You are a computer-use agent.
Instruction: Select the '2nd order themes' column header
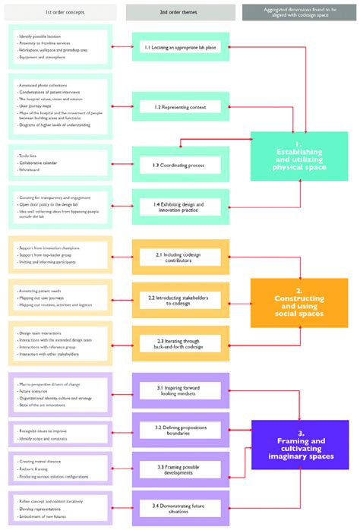click(x=180, y=11)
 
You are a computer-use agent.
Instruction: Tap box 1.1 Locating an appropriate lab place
click(x=180, y=46)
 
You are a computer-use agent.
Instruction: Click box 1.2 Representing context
click(x=180, y=107)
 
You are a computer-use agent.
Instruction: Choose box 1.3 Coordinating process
click(x=180, y=164)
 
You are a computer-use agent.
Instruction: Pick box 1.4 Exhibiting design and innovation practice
click(x=180, y=206)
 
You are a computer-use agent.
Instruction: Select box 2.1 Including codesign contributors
click(x=180, y=257)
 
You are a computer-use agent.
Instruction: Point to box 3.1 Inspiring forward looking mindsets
click(x=180, y=391)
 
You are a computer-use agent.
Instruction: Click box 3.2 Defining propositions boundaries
click(x=180, y=430)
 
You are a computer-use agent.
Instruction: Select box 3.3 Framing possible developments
click(x=180, y=468)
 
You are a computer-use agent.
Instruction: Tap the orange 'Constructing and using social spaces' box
click(x=298, y=302)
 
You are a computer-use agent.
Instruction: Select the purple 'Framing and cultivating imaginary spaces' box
click(x=298, y=446)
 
